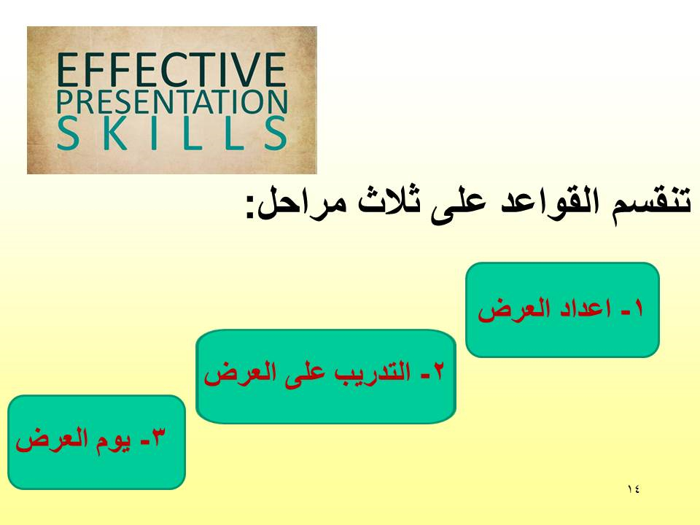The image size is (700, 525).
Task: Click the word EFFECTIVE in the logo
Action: (171, 70)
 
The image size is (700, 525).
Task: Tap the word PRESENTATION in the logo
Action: (172, 102)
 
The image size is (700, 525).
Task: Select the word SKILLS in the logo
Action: (172, 133)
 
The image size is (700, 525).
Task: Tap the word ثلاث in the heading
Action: (386, 203)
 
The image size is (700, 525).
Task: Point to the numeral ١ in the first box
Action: (639, 308)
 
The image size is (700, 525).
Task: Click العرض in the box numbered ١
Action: (513, 309)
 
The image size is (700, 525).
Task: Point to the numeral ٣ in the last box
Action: (159, 437)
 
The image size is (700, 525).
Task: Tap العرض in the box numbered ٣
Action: (52, 440)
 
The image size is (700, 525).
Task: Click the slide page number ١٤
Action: (633, 489)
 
